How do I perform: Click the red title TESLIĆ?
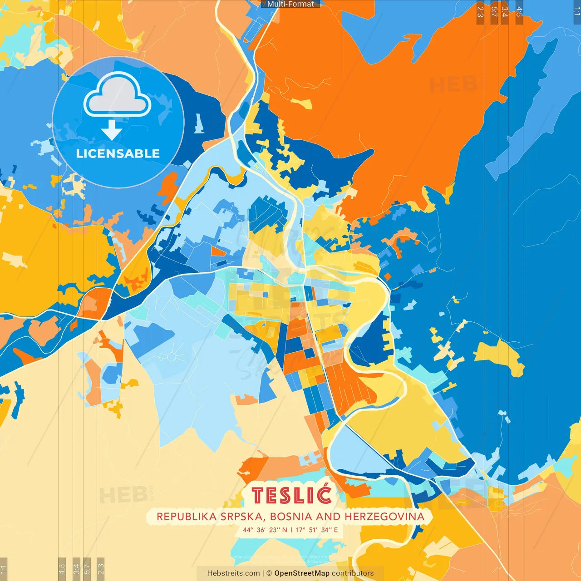pyautogui.click(x=291, y=495)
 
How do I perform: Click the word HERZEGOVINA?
pyautogui.click(x=384, y=517)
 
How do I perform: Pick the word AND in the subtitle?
pyautogui.click(x=328, y=517)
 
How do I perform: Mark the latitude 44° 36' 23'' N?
pyautogui.click(x=265, y=530)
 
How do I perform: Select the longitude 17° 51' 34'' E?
pyautogui.click(x=317, y=530)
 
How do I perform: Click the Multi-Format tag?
pyautogui.click(x=290, y=4)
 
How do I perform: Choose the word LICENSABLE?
pyautogui.click(x=118, y=153)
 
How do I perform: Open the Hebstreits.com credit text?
pyautogui.click(x=233, y=573)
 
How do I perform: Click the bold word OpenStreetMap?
pyautogui.click(x=301, y=573)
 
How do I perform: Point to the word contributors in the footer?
pyautogui.click(x=353, y=573)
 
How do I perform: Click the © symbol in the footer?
pyautogui.click(x=269, y=573)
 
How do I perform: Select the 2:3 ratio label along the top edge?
pyautogui.click(x=480, y=12)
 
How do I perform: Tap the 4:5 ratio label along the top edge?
pyautogui.click(x=519, y=12)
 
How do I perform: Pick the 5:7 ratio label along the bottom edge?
pyautogui.click(x=87, y=568)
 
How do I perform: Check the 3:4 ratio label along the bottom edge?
pyautogui.click(x=76, y=568)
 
